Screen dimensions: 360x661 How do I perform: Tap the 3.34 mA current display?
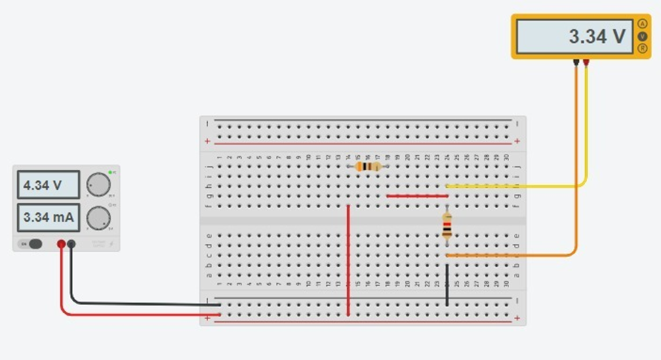pyautogui.click(x=47, y=218)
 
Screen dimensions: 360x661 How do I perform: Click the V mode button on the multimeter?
pyautogui.click(x=642, y=35)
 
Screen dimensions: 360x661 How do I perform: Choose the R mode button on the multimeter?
pyautogui.click(x=642, y=47)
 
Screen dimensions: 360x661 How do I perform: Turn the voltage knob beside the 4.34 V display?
pyautogui.click(x=98, y=184)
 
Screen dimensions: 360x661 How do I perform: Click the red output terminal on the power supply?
pyautogui.click(x=61, y=243)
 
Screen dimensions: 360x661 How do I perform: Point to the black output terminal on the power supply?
pyautogui.click(x=71, y=243)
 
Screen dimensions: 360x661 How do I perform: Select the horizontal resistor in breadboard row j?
pyautogui.click(x=368, y=166)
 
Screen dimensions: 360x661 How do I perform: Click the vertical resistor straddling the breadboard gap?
pyautogui.click(x=447, y=226)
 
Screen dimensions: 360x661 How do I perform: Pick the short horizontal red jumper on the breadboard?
pyautogui.click(x=417, y=196)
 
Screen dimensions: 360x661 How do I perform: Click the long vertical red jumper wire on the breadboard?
pyautogui.click(x=348, y=261)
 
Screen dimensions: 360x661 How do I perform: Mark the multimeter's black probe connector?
pyautogui.click(x=576, y=64)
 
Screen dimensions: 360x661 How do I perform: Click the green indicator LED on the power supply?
pyautogui.click(x=110, y=173)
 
